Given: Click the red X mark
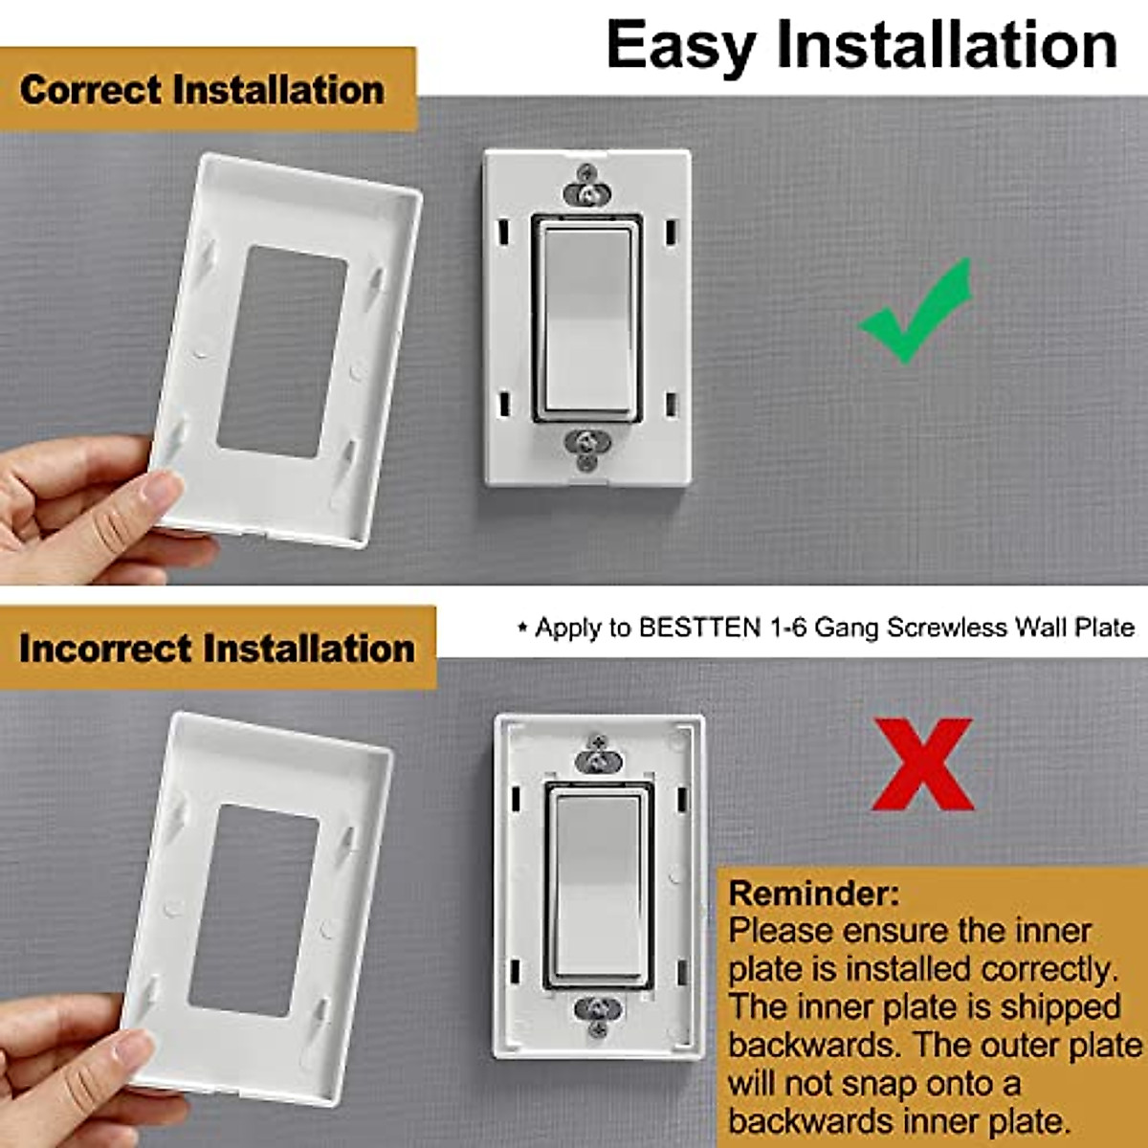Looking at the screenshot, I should (922, 765).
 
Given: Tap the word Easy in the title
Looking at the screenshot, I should (680, 45).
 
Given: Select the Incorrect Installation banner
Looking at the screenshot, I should (217, 649).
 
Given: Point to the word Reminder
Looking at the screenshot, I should (813, 894).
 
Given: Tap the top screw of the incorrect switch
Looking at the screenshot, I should (599, 760).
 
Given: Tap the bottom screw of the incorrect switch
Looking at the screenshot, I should (599, 1010).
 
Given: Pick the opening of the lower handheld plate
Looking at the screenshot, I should (253, 909).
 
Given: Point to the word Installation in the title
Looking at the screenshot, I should (946, 45).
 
